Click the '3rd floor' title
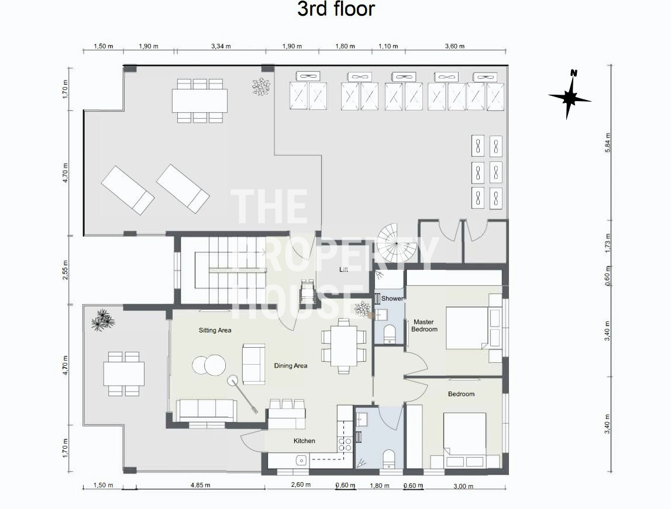coord(336,9)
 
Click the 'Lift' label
coord(343,269)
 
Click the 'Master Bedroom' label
coord(424,326)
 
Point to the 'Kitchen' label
coord(304,441)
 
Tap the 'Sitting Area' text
coord(215,330)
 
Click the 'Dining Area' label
coord(291,365)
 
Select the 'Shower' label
coord(392,298)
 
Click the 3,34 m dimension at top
coord(221,46)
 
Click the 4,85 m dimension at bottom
coord(200,485)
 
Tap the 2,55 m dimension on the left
coord(64,269)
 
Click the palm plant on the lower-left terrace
coord(103,320)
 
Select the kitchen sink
coord(301,460)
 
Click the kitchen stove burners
coord(345,445)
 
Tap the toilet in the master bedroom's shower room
coord(390,334)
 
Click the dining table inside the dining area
coord(343,345)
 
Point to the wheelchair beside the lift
coord(307,291)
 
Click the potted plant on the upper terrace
coord(260,86)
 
